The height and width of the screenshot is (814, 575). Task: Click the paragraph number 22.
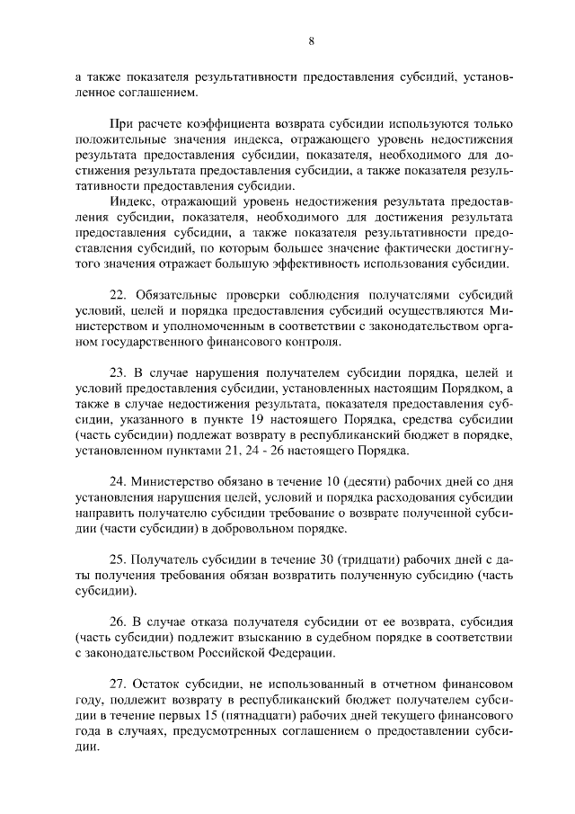point(118,294)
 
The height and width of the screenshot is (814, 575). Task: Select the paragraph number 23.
point(118,371)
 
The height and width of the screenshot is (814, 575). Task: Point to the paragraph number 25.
point(118,559)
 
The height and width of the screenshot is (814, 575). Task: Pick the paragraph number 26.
point(118,621)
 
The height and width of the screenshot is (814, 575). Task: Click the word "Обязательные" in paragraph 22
point(177,294)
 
